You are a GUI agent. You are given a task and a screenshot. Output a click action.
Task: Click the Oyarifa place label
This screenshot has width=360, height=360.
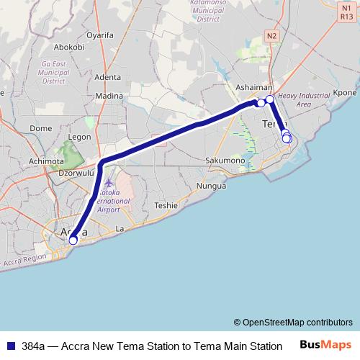(101, 34)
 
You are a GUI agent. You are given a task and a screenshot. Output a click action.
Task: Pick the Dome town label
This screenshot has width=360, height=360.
(40, 128)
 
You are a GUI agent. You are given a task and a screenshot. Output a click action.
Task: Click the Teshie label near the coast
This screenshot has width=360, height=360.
(166, 205)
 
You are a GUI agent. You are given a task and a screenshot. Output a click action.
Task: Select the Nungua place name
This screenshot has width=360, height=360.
(212, 185)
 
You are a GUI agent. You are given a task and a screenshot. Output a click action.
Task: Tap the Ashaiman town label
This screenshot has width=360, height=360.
(253, 87)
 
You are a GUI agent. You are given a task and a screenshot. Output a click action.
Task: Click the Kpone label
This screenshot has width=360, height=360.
(346, 93)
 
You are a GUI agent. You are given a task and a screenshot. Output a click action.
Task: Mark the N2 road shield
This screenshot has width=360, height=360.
(271, 35)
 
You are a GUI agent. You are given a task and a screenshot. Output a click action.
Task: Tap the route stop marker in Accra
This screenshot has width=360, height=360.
(73, 240)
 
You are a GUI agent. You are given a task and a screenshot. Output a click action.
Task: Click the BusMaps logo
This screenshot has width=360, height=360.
(325, 346)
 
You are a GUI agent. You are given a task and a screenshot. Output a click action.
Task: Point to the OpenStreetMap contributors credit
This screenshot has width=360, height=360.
(292, 323)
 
